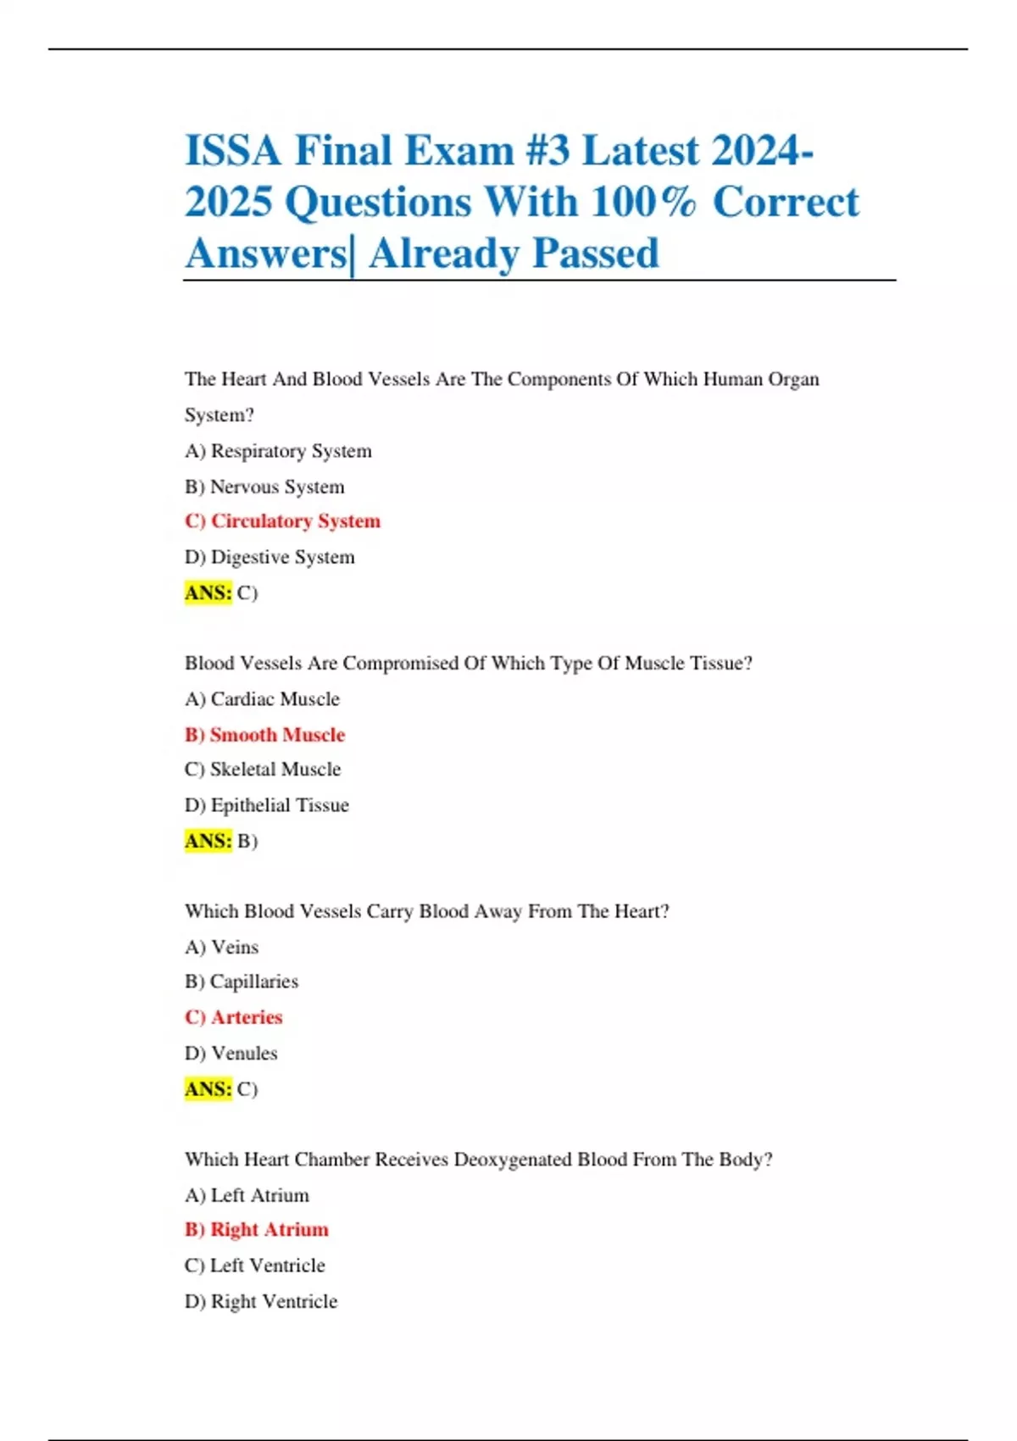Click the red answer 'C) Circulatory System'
tap(282, 521)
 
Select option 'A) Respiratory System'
tap(278, 451)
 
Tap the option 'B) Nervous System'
tap(264, 487)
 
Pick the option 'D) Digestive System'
tap(270, 557)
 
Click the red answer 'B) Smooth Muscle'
tap(264, 735)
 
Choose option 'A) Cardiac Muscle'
tap(262, 699)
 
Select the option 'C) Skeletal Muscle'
tap(263, 770)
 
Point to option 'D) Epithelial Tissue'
tap(266, 805)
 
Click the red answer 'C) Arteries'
tap(233, 1017)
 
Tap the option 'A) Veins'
tap(221, 947)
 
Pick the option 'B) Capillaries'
tap(242, 982)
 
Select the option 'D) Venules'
tap(231, 1053)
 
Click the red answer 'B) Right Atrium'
tap(256, 1230)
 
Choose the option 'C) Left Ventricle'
tap(254, 1266)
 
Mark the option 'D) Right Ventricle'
tap(261, 1301)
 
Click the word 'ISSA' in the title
tap(233, 151)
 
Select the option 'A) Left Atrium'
tap(247, 1195)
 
